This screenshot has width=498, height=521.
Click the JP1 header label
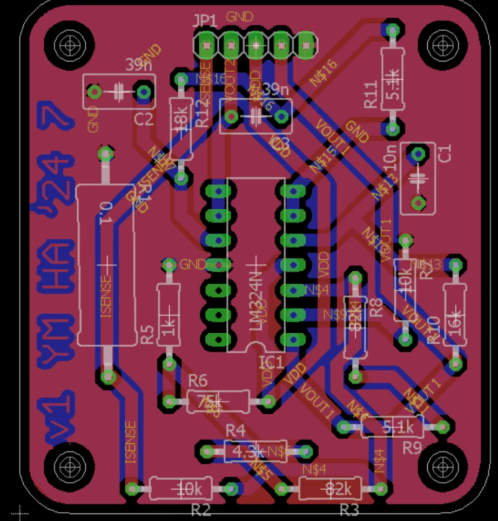[205, 22]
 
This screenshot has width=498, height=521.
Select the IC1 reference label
[271, 362]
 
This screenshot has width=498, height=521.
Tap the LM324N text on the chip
[257, 300]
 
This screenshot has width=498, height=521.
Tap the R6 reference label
[198, 381]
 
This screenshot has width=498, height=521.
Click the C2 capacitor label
[144, 120]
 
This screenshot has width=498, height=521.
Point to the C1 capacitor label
[445, 154]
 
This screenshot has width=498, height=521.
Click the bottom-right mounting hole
[446, 465]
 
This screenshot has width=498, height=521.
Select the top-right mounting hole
[446, 43]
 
